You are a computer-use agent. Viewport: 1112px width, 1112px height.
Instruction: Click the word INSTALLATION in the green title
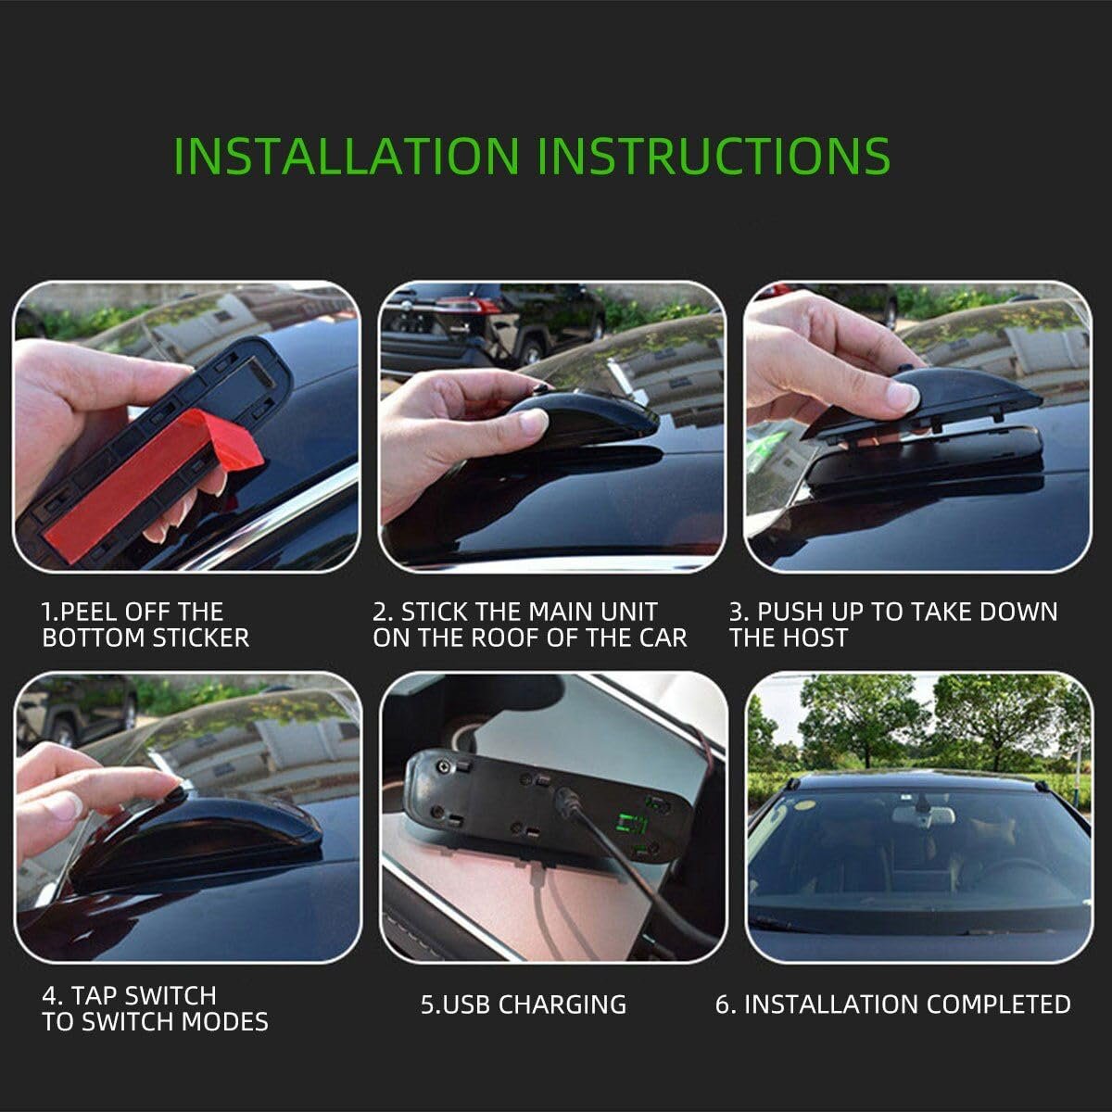coord(347,156)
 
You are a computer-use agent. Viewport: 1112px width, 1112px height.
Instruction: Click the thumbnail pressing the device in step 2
coord(533,421)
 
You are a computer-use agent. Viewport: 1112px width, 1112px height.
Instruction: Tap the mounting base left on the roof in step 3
coord(923,461)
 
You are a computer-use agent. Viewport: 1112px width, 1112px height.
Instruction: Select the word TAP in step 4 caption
coord(95,995)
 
